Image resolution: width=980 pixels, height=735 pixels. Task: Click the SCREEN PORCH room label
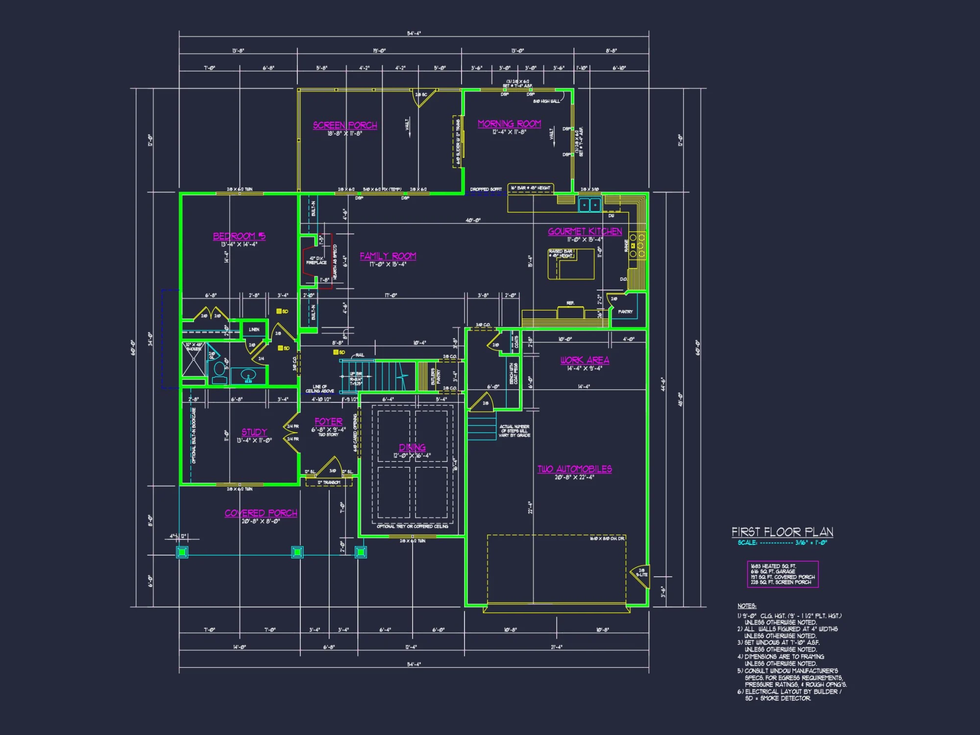(x=345, y=125)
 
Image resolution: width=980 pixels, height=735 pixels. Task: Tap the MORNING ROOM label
(x=509, y=124)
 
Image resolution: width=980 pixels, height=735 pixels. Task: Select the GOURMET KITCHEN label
(x=585, y=231)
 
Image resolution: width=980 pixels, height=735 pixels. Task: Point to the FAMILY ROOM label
(x=388, y=256)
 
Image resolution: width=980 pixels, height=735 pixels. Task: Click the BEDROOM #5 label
(x=239, y=236)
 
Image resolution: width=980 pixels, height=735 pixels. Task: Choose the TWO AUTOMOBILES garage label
(x=574, y=469)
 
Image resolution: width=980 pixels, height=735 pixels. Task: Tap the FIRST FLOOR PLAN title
(x=782, y=532)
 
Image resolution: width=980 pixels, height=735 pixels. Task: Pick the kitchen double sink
(x=589, y=204)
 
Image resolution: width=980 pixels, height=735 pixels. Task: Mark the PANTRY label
(x=625, y=312)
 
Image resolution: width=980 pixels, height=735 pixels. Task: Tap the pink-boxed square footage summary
(x=783, y=574)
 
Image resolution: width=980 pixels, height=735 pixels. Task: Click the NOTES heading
(x=746, y=606)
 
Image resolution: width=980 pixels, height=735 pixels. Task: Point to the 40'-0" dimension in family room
(x=473, y=220)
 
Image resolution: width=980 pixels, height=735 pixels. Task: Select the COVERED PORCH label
(x=261, y=513)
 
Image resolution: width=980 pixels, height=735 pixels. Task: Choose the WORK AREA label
(x=585, y=360)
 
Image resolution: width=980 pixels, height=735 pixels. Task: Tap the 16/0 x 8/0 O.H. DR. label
(x=607, y=539)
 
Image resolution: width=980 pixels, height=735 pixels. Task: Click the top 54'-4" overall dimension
(x=414, y=33)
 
